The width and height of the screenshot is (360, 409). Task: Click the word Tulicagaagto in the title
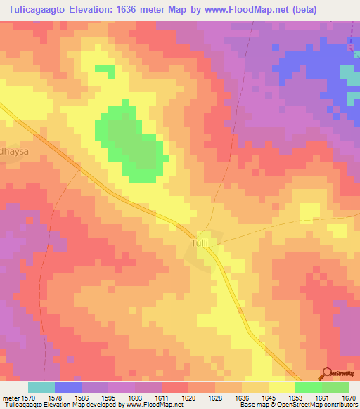(41, 10)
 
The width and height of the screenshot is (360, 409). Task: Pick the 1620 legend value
(189, 398)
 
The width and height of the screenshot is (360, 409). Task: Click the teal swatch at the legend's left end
(41, 387)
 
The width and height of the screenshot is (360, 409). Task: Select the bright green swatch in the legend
(308, 387)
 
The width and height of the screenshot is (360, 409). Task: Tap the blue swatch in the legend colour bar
(68, 387)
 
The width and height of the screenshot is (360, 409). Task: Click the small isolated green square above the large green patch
(105, 70)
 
